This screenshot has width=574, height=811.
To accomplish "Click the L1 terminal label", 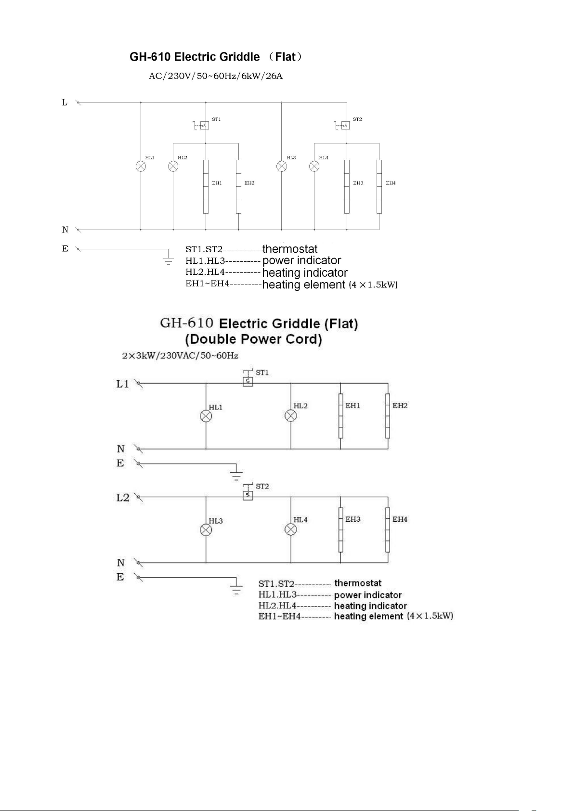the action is (x=122, y=384).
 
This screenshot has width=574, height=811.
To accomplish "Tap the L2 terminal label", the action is (x=123, y=497).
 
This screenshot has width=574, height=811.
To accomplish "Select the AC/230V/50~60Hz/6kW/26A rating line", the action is (x=215, y=76).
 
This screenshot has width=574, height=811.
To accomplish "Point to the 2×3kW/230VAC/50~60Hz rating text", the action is (x=180, y=356).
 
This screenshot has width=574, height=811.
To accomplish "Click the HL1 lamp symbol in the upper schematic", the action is (x=141, y=166).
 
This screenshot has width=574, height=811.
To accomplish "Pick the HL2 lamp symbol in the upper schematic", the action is (x=173, y=166).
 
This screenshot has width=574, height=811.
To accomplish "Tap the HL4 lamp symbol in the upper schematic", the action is (x=314, y=166).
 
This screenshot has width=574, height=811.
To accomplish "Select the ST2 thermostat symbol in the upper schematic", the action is (x=345, y=126).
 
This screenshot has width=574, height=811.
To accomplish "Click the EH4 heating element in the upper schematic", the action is (x=379, y=186).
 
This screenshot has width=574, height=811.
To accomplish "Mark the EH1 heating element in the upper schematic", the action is (x=206, y=186).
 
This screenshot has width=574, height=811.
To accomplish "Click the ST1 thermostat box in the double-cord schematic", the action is (x=248, y=381).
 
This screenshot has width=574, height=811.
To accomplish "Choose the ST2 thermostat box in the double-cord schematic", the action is (x=248, y=495).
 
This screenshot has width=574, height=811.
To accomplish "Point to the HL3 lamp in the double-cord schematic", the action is (x=206, y=530).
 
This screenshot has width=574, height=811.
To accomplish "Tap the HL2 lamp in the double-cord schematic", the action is (x=291, y=416).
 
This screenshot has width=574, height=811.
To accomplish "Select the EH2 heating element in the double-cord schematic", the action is (x=388, y=416).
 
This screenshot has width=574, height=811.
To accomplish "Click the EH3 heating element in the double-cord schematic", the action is (x=340, y=529).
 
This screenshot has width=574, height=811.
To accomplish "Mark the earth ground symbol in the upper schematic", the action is (x=168, y=260).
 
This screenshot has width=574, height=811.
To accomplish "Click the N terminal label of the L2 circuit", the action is (x=120, y=562).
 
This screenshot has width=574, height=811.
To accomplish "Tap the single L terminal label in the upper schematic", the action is (x=65, y=103).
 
